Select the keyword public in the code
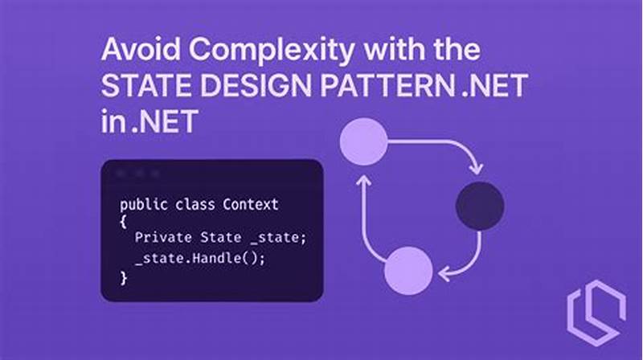141,204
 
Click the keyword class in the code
193,204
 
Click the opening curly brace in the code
123,222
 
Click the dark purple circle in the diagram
479,206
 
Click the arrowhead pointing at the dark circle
476,169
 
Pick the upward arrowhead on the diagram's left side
362,183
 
